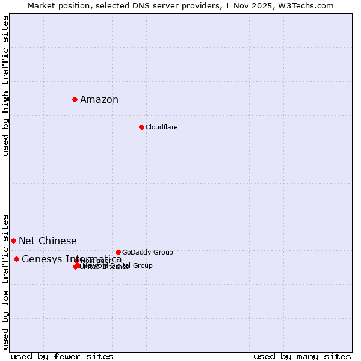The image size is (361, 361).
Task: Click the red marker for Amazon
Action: (75, 99)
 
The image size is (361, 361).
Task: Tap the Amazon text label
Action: (99, 100)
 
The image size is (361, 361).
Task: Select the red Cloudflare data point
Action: (141, 127)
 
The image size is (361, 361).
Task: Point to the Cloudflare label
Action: (161, 127)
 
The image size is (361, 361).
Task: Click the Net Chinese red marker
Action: (13, 241)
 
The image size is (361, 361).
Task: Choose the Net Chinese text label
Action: (48, 241)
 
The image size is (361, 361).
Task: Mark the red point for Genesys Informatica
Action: (16, 259)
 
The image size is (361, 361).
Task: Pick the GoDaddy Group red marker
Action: (118, 252)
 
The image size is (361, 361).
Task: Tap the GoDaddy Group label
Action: (147, 252)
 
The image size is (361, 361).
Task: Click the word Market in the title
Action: (43, 5)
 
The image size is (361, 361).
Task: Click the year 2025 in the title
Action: (268, 5)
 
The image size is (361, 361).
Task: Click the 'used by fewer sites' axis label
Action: (62, 356)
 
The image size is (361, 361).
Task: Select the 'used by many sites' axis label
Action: (302, 356)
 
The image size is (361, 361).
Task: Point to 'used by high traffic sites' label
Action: (5, 85)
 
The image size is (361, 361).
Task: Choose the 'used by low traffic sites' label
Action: (5, 282)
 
